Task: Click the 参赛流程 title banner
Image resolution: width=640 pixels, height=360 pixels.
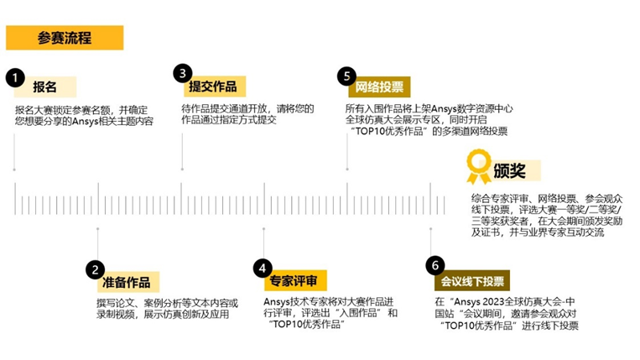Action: pos(65,38)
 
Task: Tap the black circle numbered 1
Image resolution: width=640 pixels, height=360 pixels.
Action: pos(13,77)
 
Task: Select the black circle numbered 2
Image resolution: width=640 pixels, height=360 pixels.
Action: pos(95,270)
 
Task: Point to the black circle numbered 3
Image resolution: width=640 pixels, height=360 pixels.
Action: pos(182,73)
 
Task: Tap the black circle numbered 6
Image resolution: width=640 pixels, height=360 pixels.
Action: pos(433,266)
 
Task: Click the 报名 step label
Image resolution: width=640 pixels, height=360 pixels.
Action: pos(45,86)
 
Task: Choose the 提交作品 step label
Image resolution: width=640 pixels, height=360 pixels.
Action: pos(212,86)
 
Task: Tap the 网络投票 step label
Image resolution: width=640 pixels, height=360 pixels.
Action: pos(378,86)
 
